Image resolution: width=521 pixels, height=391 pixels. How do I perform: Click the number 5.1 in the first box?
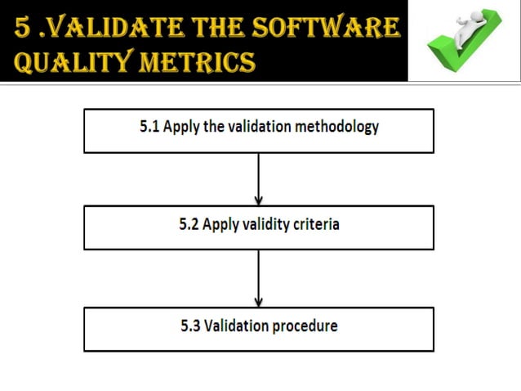pos(149,128)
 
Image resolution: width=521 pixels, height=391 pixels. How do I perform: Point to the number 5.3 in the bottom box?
pos(190,326)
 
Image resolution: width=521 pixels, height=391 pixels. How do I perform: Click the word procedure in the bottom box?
pos(305,326)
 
